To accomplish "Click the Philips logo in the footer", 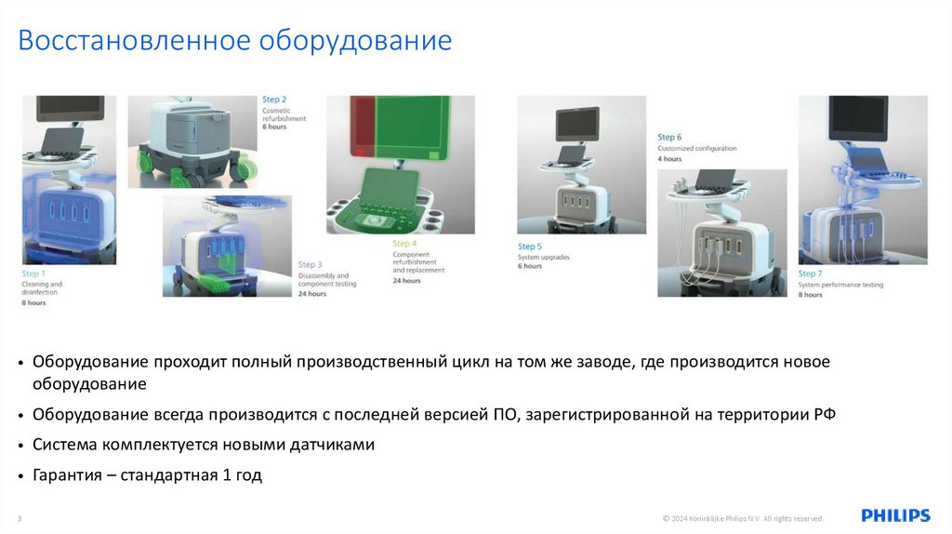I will (x=894, y=515).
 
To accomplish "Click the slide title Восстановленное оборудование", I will (x=235, y=41).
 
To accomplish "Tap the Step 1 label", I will (x=32, y=274).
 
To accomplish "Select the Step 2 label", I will (x=274, y=100).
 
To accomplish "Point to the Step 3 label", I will (x=310, y=265).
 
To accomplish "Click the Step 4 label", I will (x=404, y=244).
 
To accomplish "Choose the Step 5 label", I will (x=530, y=247).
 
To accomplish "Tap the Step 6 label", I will (x=669, y=138).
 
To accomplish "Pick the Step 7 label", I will (x=811, y=274).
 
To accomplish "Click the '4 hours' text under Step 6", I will (x=669, y=159).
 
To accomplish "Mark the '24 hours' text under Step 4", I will (x=406, y=280).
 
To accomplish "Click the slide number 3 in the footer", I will (x=20, y=518).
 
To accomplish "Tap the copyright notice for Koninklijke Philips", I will (x=742, y=518).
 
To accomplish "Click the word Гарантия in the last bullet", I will (x=68, y=474).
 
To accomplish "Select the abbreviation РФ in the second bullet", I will (x=825, y=414).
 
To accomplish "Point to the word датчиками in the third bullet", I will (x=333, y=445).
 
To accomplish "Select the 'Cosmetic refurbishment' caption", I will (x=284, y=114).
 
